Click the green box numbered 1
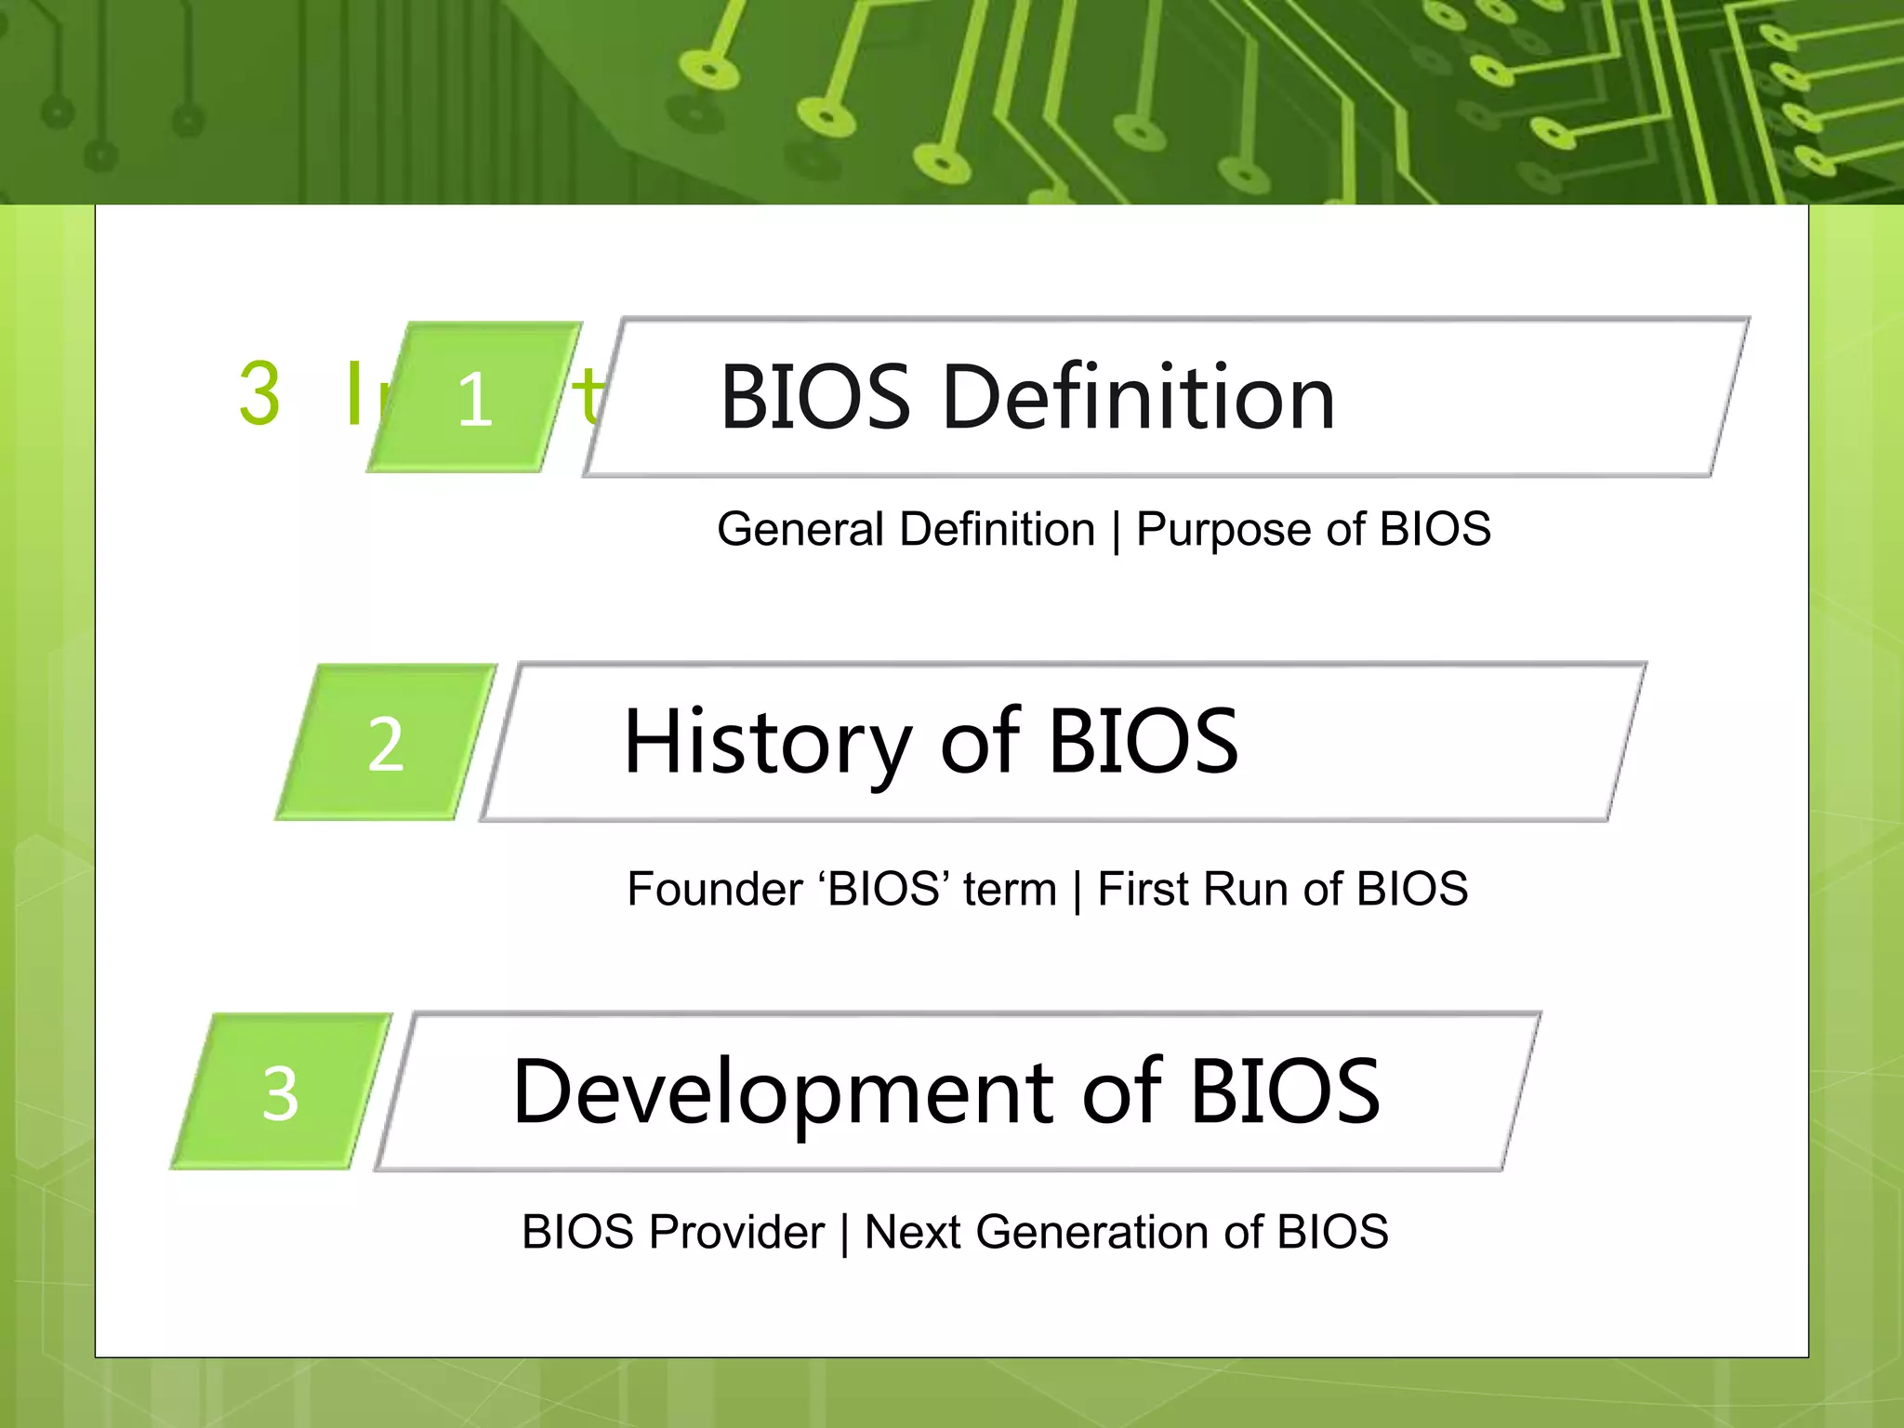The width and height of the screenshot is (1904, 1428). click(474, 398)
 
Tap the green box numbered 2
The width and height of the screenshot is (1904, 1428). click(385, 743)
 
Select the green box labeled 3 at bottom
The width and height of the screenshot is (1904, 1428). click(281, 1092)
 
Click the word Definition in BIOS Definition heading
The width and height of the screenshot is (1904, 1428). click(1139, 398)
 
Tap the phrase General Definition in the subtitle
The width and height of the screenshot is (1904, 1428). click(906, 530)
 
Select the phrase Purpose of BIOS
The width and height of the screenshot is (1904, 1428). click(1313, 530)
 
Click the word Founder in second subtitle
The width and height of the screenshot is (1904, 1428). click(714, 889)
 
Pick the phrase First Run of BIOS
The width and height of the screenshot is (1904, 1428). click(1282, 889)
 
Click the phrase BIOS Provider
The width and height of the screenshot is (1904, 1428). click(673, 1232)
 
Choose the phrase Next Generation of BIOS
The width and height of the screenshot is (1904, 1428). click(1126, 1232)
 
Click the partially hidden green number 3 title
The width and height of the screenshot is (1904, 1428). click(260, 394)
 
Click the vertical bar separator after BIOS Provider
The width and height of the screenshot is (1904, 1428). click(844, 1234)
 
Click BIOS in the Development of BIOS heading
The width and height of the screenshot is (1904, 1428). click(1285, 1091)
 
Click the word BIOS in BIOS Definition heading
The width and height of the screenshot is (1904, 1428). click(815, 398)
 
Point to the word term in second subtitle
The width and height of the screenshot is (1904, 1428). click(1010, 889)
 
